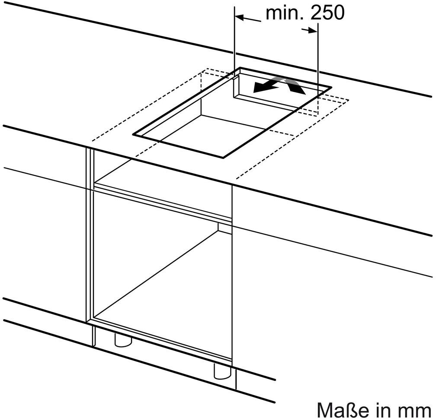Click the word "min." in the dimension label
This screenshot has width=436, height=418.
point(283,13)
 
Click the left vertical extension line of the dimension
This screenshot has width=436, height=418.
point(234,43)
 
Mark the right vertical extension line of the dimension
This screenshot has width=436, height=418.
point(318,56)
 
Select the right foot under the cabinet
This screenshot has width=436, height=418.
point(221,371)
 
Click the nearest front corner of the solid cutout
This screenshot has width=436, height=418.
point(224,157)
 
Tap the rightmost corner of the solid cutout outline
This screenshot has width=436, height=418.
point(332,88)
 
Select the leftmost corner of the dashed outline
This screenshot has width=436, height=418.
point(92,141)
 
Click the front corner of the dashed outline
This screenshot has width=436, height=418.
point(236,179)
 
